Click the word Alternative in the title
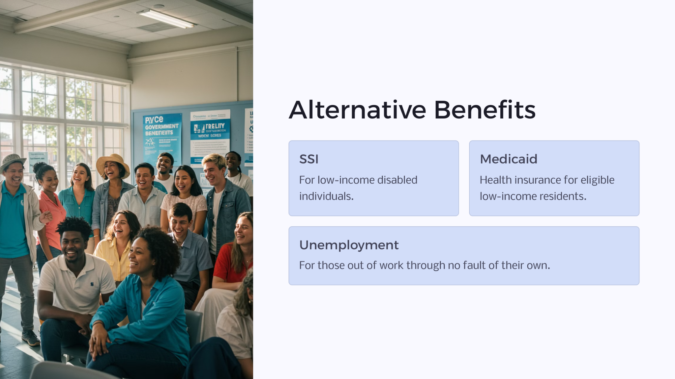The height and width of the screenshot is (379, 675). click(357, 110)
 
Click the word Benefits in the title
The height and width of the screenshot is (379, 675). click(484, 110)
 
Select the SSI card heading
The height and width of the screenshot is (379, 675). click(309, 159)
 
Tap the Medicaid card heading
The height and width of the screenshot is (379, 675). click(508, 159)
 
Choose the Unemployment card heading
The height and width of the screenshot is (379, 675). click(349, 245)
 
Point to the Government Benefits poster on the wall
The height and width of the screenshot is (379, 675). click(162, 138)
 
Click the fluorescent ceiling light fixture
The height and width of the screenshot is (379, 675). click(167, 18)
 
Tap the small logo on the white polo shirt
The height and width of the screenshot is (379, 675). click(92, 284)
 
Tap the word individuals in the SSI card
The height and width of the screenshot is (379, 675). click(326, 196)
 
